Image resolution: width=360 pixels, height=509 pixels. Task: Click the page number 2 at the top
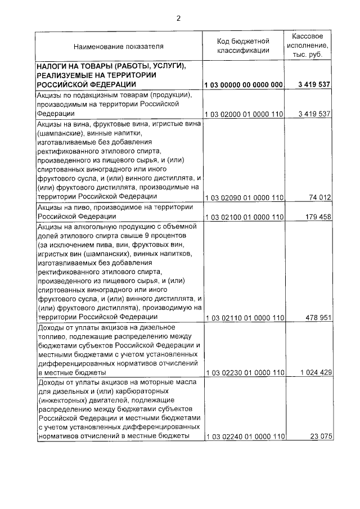(178, 17)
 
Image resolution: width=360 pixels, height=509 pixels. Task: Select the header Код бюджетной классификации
(244, 46)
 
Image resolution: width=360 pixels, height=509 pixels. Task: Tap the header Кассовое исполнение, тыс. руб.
(308, 46)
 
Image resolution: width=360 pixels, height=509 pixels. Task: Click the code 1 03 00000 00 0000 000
(244, 84)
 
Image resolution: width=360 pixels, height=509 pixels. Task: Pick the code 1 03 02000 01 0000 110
(244, 114)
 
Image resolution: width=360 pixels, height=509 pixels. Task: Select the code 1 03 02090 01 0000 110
(244, 197)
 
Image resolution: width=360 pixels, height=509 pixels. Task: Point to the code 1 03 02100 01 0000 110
(244, 217)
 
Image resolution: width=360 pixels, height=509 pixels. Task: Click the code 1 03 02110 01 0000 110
(244, 318)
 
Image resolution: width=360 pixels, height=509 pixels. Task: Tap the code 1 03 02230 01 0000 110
(244, 373)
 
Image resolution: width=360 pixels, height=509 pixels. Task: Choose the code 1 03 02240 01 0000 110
(244, 437)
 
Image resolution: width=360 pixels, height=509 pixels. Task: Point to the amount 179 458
(316, 217)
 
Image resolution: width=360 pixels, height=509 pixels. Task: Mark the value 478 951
(316, 318)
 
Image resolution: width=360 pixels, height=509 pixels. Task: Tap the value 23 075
(319, 437)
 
